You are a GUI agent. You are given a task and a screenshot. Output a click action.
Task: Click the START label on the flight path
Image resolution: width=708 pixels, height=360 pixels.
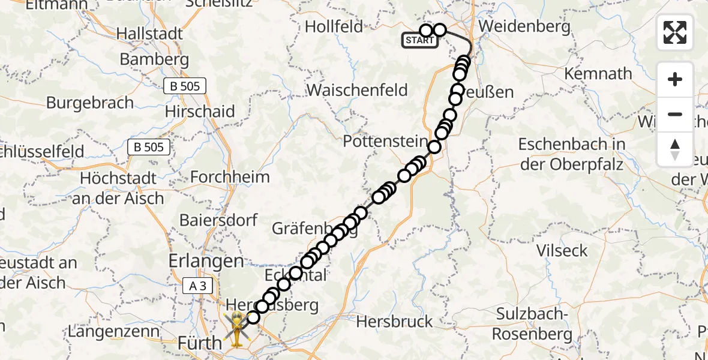tap(419, 41)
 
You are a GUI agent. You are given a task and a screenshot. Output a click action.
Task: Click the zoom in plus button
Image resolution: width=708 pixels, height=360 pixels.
tap(675, 80)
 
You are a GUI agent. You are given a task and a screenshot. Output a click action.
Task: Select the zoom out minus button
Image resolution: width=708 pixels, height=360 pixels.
tap(675, 114)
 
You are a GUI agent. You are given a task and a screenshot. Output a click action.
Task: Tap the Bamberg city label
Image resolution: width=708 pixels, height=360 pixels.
tap(154, 59)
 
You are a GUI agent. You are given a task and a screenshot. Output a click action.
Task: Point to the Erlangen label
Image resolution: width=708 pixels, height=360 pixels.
tap(206, 261)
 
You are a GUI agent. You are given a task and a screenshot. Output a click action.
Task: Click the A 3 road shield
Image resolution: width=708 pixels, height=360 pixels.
tap(198, 287)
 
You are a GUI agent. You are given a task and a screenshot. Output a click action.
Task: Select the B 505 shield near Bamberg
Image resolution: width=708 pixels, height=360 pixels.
tap(185, 86)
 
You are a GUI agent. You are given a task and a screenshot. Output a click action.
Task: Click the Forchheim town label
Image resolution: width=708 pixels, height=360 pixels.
tap(230, 178)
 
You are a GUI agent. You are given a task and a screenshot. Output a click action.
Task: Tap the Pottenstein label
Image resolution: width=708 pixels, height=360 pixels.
tap(384, 142)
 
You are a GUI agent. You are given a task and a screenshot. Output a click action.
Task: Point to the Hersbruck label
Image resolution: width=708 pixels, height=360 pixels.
tap(394, 322)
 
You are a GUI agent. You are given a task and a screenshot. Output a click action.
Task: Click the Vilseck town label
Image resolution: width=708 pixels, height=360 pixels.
tap(563, 250)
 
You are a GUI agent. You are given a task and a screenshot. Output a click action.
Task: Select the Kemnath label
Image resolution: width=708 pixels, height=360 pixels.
tap(598, 74)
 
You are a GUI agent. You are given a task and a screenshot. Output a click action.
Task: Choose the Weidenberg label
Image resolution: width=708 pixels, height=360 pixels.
tap(519, 26)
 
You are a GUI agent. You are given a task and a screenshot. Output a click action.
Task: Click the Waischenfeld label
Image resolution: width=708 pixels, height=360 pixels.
tap(357, 90)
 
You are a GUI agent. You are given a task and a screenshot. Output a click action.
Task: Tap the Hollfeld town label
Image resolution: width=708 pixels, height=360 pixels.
tap(334, 26)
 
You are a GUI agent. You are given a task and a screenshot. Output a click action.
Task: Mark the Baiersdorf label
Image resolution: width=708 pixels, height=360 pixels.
tap(218, 220)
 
